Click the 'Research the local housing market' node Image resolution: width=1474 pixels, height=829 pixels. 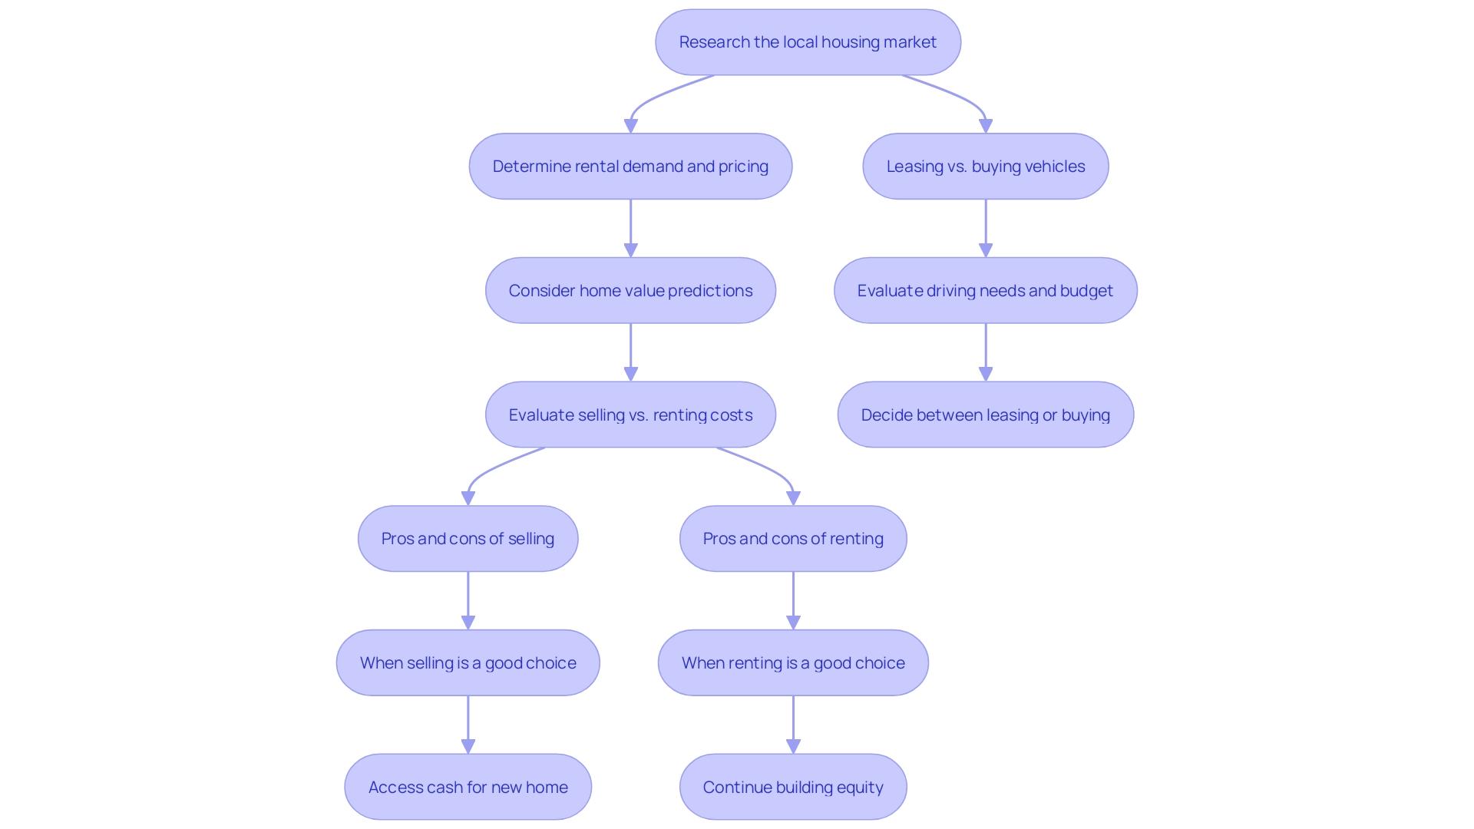[x=808, y=42]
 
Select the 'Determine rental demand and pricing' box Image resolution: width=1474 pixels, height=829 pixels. [x=630, y=167]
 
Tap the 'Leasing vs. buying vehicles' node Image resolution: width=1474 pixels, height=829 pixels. [x=985, y=167]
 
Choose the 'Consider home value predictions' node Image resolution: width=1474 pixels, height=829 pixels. [x=630, y=291]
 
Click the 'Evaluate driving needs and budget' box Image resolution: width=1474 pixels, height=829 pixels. [x=985, y=291]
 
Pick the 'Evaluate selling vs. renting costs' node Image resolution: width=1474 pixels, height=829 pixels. [x=630, y=415]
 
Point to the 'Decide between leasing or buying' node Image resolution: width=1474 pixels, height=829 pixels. [x=985, y=415]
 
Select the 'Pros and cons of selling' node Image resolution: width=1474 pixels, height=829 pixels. [x=468, y=539]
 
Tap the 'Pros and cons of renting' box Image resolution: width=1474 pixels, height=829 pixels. [x=793, y=539]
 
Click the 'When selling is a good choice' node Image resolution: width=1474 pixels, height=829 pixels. [x=468, y=663]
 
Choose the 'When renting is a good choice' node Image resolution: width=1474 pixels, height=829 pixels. [x=793, y=663]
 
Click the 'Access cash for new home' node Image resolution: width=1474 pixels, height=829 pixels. [x=468, y=788]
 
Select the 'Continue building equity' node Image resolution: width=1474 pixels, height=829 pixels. [x=793, y=788]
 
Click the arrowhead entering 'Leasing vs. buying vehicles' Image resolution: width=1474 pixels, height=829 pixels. [x=986, y=127]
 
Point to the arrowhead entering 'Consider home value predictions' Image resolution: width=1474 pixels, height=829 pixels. [x=630, y=251]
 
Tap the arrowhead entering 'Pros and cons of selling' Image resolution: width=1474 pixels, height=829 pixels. [x=468, y=499]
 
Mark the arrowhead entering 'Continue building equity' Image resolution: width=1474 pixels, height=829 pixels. [x=793, y=747]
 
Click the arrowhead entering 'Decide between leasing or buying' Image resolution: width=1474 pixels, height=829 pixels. [x=986, y=375]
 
